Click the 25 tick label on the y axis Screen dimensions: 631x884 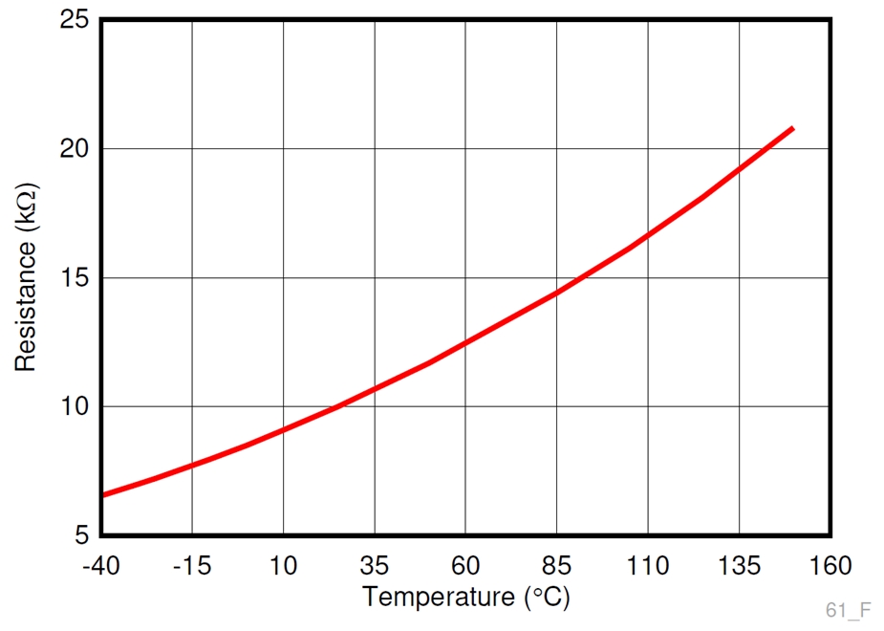coord(73,20)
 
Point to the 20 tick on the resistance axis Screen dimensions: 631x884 coord(73,149)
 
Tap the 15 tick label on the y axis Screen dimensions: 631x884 coord(73,278)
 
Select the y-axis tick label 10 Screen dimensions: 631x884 coord(73,407)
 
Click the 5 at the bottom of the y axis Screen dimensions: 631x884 coord(80,535)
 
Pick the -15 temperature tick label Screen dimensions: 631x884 coord(191,566)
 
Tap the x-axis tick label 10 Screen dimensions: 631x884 coord(283,566)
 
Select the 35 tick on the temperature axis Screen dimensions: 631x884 coord(375,566)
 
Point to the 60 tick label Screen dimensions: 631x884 coord(465,566)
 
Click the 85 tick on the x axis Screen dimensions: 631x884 coord(557,566)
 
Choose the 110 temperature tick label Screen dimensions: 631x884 coord(648,566)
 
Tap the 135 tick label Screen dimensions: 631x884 coord(739,566)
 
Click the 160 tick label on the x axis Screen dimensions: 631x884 coord(830,566)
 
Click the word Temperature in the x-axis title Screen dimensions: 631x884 coord(439,598)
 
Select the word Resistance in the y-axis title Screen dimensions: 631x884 coord(25,305)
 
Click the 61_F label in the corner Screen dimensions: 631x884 coord(849,610)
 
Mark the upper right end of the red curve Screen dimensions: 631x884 coord(792,128)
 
